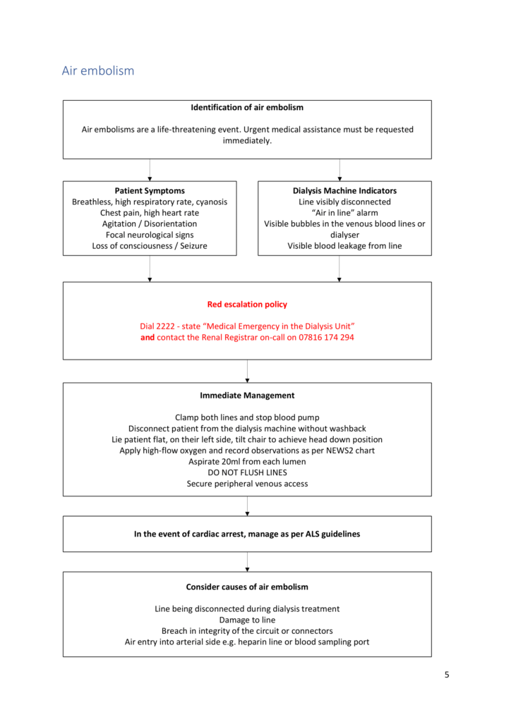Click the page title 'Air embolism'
[98, 71]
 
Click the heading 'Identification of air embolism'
[247, 108]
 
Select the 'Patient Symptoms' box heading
[150, 190]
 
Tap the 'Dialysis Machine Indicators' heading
[344, 190]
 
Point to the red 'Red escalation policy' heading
[247, 305]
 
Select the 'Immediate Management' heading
[247, 396]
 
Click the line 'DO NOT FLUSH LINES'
[247, 472]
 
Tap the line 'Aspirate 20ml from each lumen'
[247, 462]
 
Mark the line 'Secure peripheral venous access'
[247, 484]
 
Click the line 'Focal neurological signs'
[150, 235]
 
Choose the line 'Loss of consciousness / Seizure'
[150, 246]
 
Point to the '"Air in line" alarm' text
[344, 213]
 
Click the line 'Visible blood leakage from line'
[344, 246]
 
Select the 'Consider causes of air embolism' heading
[247, 587]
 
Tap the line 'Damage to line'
[247, 620]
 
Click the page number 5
[447, 675]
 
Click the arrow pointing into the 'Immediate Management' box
[247, 378]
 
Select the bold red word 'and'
[148, 338]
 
